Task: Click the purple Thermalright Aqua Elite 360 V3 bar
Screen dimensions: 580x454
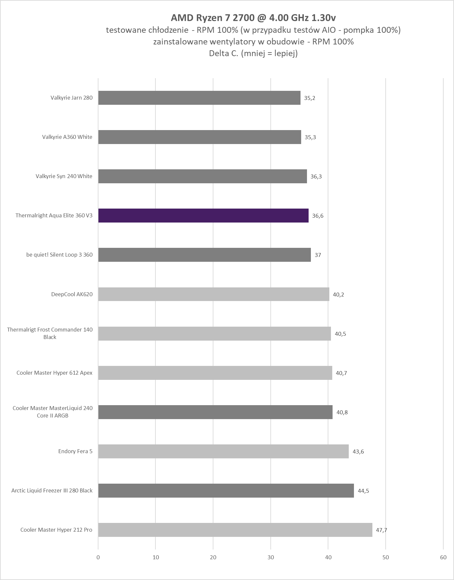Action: [203, 215]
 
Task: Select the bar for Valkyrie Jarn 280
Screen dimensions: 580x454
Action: [199, 98]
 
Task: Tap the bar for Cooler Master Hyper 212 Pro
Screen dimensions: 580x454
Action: [235, 530]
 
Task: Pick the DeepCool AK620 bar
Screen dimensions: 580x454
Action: [214, 294]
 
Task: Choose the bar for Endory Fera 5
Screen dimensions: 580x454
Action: [223, 451]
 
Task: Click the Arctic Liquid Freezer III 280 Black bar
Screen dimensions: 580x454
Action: [226, 490]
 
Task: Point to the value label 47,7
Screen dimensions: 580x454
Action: [381, 530]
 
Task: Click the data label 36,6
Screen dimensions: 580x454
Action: [318, 216]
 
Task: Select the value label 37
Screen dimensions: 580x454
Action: [318, 255]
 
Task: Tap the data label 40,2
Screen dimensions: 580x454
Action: [338, 295]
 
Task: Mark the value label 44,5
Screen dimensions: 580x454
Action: [363, 491]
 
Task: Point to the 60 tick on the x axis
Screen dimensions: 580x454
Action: [443, 557]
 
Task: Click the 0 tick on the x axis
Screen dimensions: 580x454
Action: [98, 557]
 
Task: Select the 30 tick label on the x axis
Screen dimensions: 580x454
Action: [271, 557]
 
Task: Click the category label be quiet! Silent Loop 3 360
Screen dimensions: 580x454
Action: [59, 255]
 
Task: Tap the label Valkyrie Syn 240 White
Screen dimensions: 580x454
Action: [64, 176]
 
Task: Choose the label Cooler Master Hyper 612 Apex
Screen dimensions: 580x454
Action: [54, 373]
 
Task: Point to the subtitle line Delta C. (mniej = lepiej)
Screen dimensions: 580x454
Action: [253, 54]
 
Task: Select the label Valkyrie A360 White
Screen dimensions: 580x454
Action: [67, 137]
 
